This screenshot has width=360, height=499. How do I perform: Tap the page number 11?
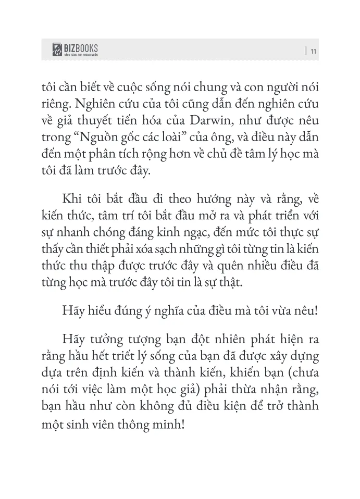pyautogui.click(x=313, y=51)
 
